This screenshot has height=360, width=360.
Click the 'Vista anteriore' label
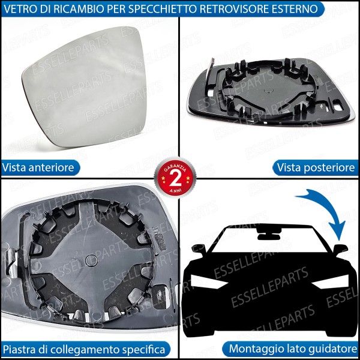[x=38, y=167]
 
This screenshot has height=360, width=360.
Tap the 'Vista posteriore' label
[x=316, y=167]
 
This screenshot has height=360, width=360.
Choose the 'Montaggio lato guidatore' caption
[x=293, y=349]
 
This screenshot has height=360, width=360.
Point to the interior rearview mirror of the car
[x=264, y=230]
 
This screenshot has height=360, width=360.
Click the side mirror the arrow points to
[x=340, y=248]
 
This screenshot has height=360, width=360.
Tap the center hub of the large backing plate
[x=89, y=259]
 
